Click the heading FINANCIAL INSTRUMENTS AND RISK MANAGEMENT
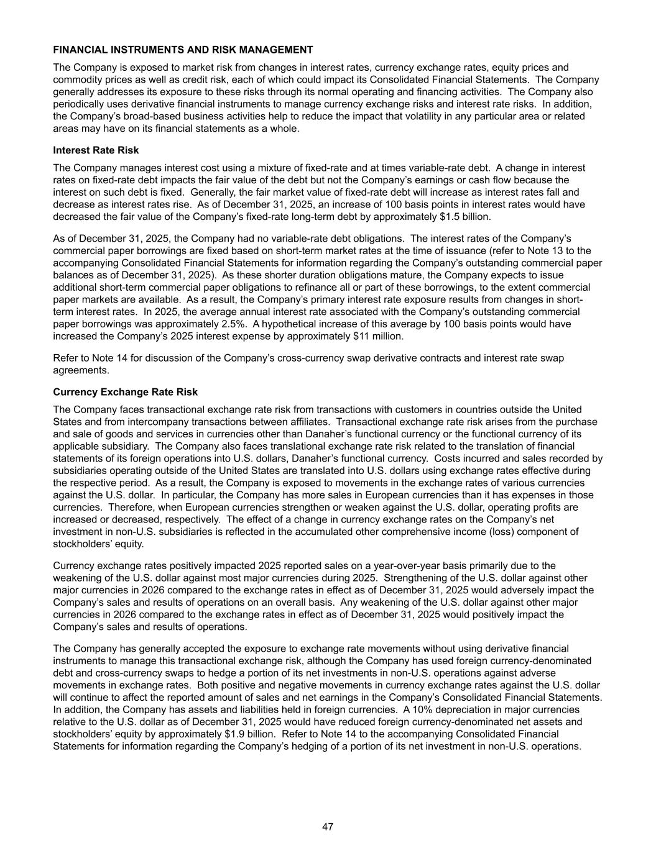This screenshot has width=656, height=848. pos(183,50)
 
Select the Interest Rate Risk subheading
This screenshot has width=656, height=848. pos(96,150)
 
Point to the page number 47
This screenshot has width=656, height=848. pos(328,827)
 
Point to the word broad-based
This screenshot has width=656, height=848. pos(169,116)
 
